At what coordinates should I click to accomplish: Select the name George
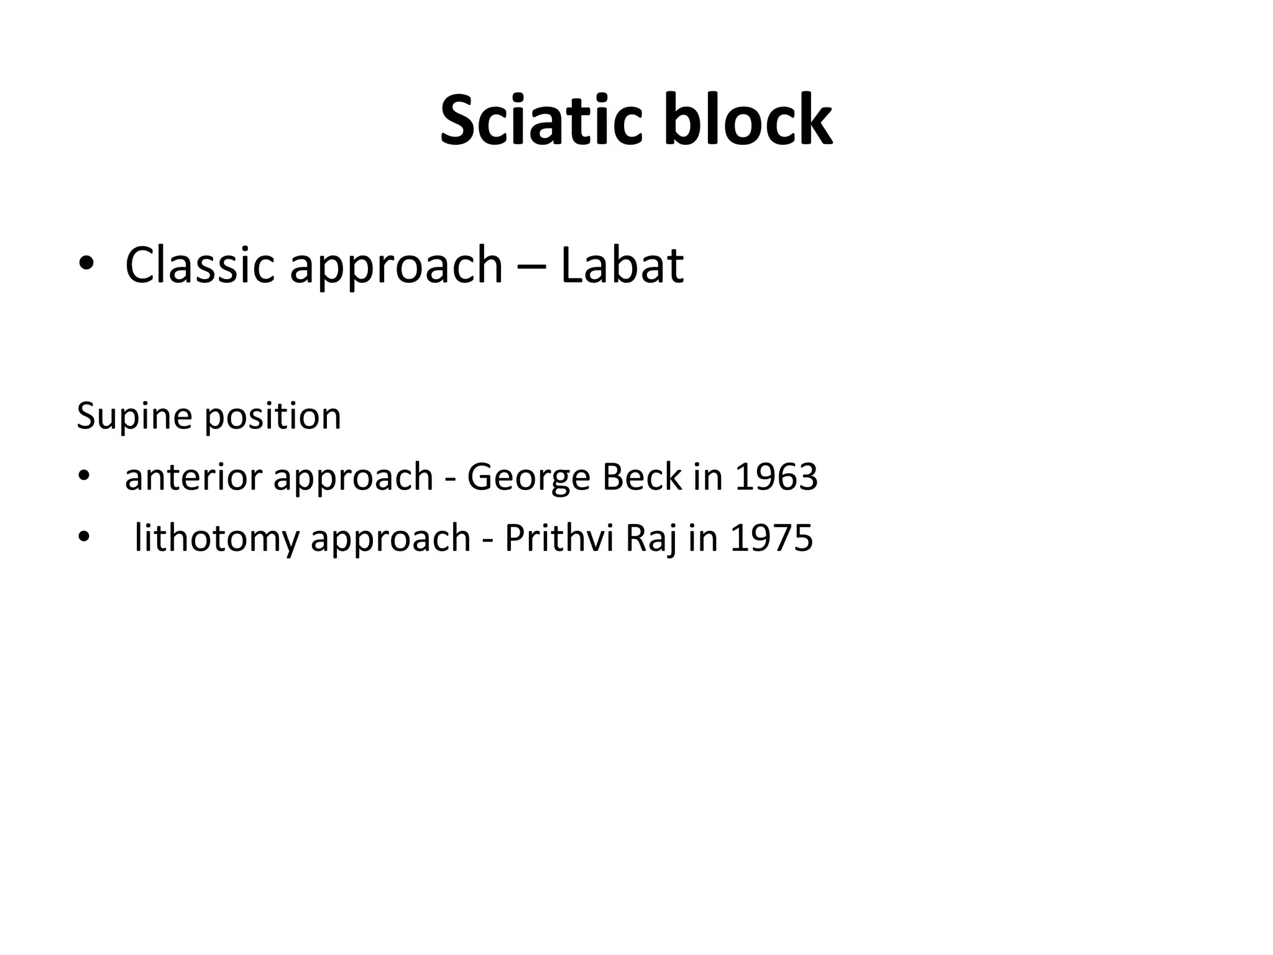pyautogui.click(x=525, y=478)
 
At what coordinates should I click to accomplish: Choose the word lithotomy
pyautogui.click(x=217, y=538)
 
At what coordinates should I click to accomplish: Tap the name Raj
pyautogui.click(x=651, y=539)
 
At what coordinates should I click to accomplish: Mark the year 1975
pyautogui.click(x=771, y=538)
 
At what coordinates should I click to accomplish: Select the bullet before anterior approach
pyautogui.click(x=84, y=477)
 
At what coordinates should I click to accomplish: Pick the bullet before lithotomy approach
pyautogui.click(x=84, y=538)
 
